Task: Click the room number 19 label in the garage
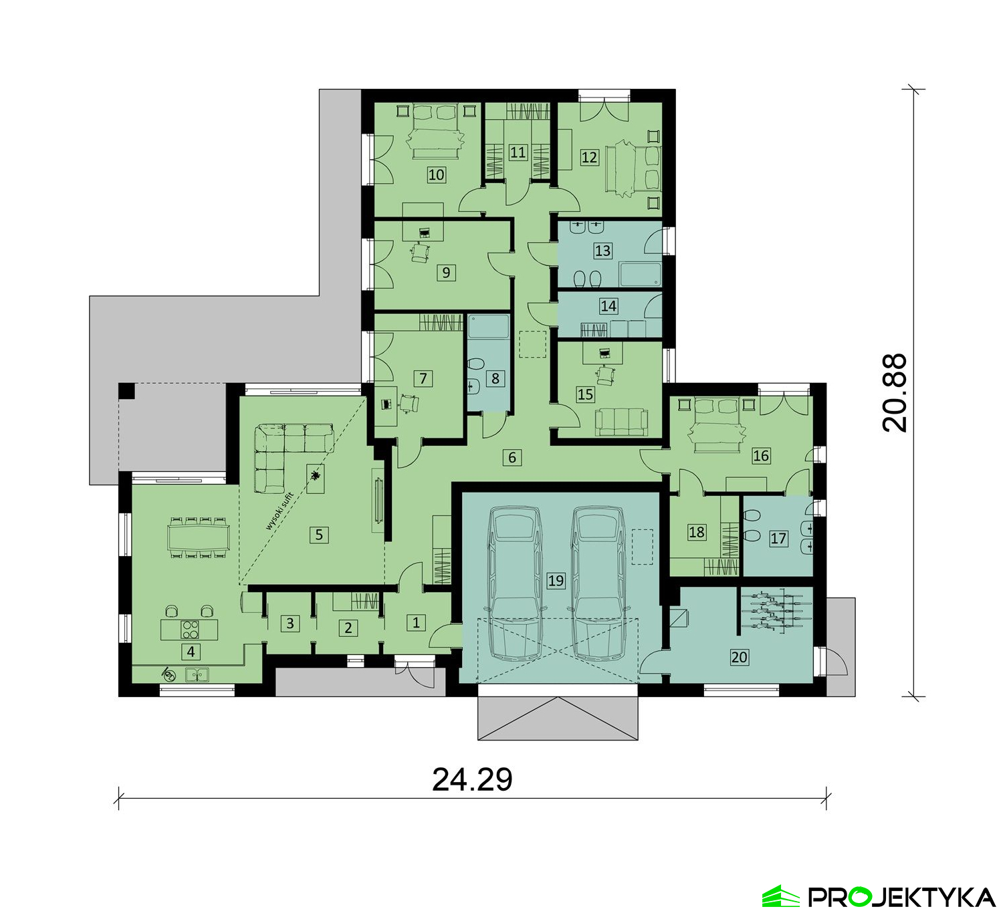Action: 556,581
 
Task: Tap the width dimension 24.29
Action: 472,779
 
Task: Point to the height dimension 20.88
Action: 894,392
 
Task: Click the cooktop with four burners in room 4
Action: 190,629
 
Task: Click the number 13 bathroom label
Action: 602,251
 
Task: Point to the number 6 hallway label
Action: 512,457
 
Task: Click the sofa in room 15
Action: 621,422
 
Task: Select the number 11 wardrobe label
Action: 518,152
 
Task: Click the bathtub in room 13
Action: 640,275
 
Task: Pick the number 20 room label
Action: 739,656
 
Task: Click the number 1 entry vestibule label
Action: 415,622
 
